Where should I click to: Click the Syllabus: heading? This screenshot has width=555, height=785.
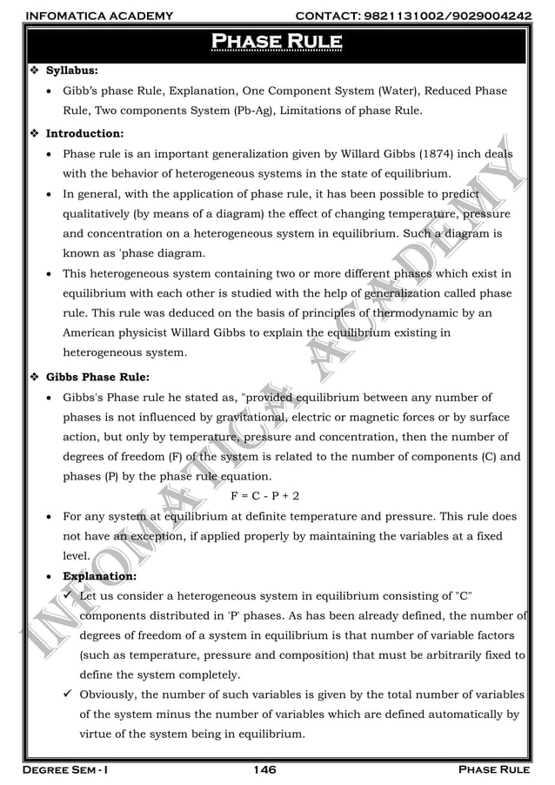(x=71, y=69)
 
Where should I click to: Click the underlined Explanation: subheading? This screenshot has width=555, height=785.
(x=98, y=576)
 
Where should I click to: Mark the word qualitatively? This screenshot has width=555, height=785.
(x=103, y=214)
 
